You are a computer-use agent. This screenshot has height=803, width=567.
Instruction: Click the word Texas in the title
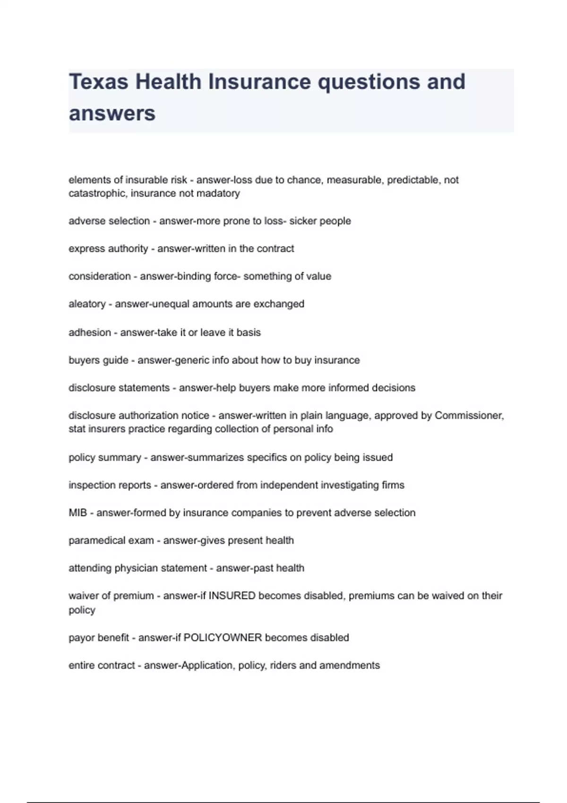coord(98,82)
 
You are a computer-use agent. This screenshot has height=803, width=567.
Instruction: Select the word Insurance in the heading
coord(259,82)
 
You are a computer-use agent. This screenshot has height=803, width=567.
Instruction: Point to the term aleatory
coord(87,304)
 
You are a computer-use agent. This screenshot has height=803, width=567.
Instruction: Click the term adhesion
coord(90,333)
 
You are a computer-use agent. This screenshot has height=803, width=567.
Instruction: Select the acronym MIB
coord(78,513)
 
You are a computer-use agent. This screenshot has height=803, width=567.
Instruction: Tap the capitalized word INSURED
coord(232,596)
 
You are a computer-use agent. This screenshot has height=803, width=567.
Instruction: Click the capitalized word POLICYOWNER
coord(223,638)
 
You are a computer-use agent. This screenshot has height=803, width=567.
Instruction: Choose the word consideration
coord(100,276)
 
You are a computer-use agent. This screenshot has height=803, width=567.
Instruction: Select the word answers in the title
coord(112,113)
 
